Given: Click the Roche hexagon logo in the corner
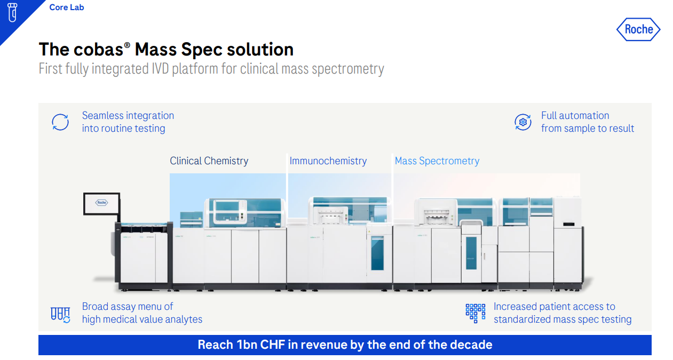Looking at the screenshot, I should point(638,29).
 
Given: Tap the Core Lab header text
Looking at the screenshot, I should point(67,7).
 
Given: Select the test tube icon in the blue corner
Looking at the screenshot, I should point(12,12).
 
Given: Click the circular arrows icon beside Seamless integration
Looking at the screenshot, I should point(60,122).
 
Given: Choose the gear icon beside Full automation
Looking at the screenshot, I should point(523,122).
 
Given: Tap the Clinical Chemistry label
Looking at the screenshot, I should point(209,161).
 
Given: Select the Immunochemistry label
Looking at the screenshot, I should point(328,161).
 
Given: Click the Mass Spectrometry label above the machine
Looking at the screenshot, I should point(437,161).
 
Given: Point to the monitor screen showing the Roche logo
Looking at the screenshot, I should point(101,203).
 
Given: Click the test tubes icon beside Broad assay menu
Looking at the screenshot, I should point(60,314).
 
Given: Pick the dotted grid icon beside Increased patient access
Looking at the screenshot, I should point(475,313).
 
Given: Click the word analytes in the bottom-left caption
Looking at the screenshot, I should point(182,319).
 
